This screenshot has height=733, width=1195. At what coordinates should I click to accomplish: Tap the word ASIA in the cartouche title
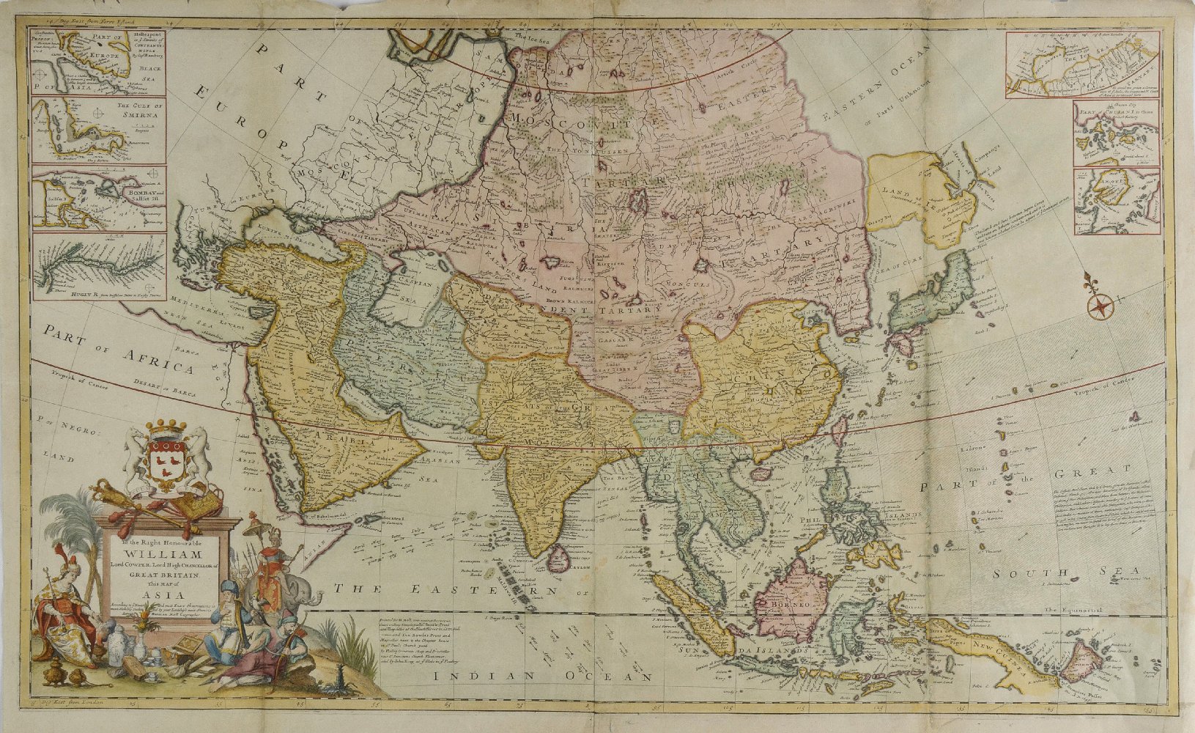(162, 594)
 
